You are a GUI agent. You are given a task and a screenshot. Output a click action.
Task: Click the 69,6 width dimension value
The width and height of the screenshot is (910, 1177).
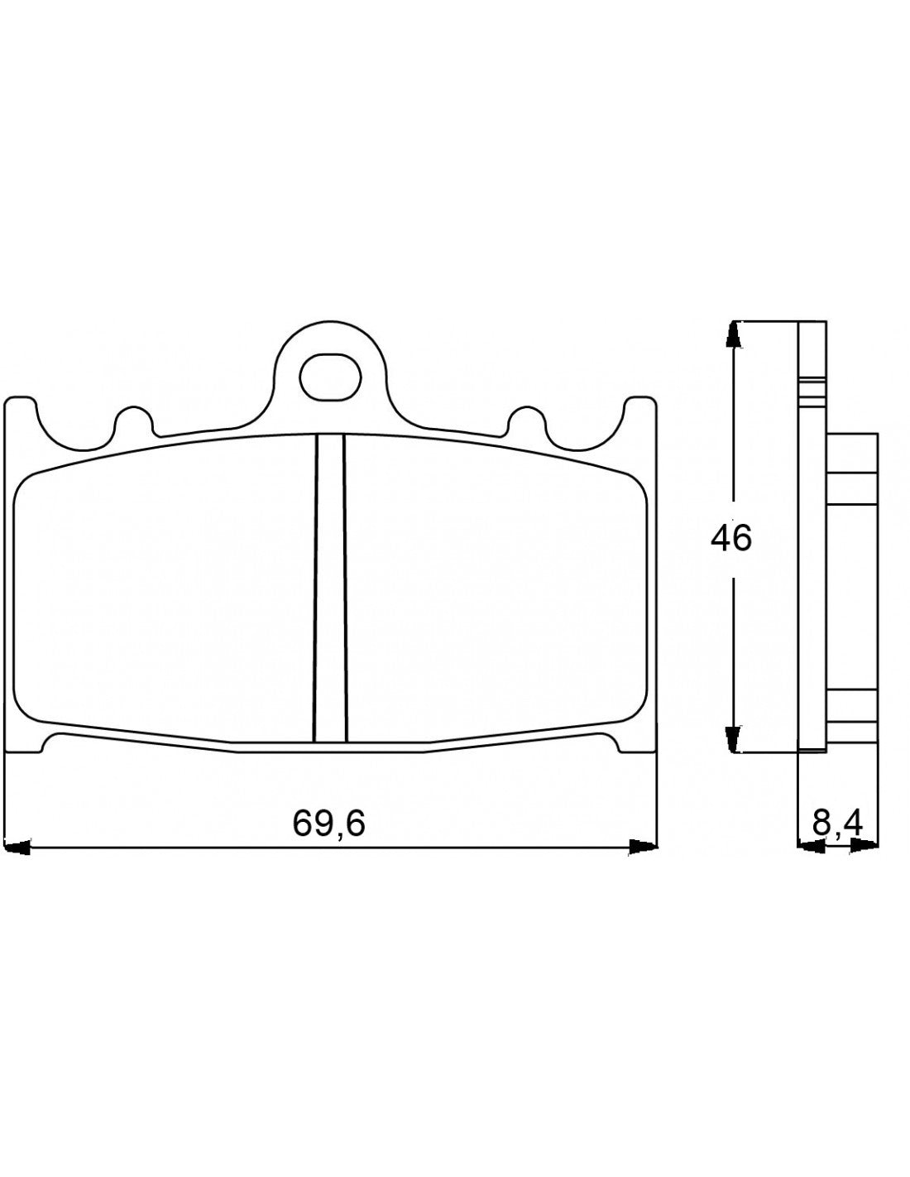(x=328, y=824)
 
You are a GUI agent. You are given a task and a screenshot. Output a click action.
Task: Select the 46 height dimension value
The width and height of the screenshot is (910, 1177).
(x=731, y=539)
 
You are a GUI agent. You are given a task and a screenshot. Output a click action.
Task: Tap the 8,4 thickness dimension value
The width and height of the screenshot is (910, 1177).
(x=837, y=824)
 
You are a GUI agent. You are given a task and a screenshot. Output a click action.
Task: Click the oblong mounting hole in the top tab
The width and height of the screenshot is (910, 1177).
(x=330, y=377)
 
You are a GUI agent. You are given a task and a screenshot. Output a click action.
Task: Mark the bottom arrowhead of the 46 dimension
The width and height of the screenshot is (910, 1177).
(x=732, y=738)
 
